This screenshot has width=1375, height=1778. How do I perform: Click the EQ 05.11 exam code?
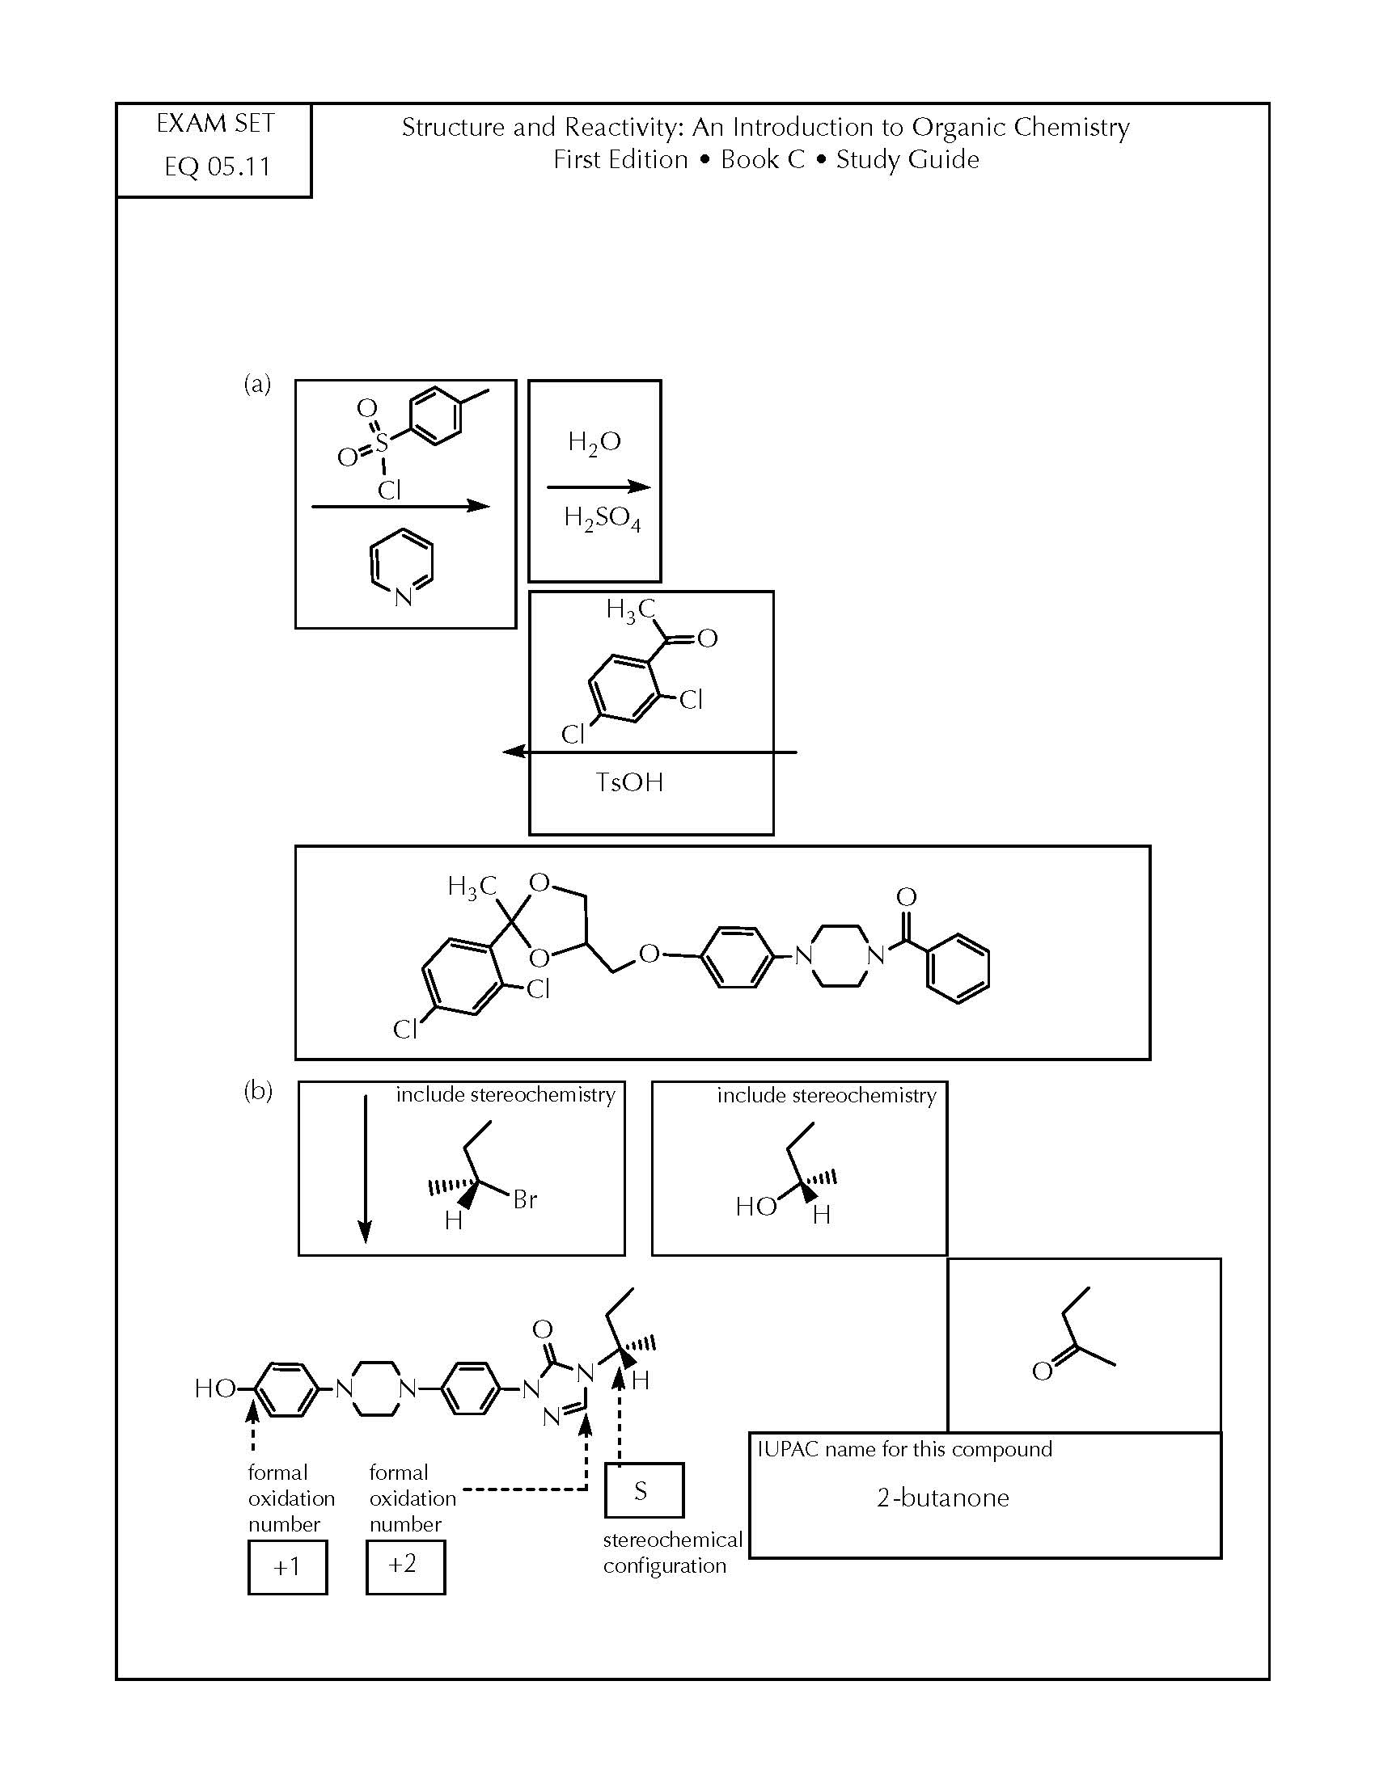[218, 167]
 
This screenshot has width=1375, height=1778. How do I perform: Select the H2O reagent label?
[594, 442]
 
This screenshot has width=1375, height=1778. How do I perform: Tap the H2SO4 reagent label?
[602, 519]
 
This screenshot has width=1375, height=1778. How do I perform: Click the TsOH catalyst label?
[629, 782]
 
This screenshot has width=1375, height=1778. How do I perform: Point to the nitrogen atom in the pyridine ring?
[404, 597]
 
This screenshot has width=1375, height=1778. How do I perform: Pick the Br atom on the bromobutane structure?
[525, 1199]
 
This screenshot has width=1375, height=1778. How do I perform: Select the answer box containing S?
[644, 1489]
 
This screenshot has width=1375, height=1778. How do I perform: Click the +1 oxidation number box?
[288, 1566]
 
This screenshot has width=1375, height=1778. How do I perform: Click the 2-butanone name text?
[942, 1497]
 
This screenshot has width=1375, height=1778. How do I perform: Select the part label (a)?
[257, 383]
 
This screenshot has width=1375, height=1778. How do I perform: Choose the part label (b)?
[258, 1090]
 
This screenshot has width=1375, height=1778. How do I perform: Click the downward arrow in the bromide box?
[366, 1169]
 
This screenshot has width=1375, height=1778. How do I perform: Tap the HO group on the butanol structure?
[756, 1207]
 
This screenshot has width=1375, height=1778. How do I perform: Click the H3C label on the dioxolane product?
[472, 887]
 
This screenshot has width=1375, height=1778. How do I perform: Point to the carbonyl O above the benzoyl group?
[906, 897]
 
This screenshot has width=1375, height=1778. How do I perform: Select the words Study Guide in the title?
[907, 159]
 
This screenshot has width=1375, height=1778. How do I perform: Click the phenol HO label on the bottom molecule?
[215, 1388]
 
